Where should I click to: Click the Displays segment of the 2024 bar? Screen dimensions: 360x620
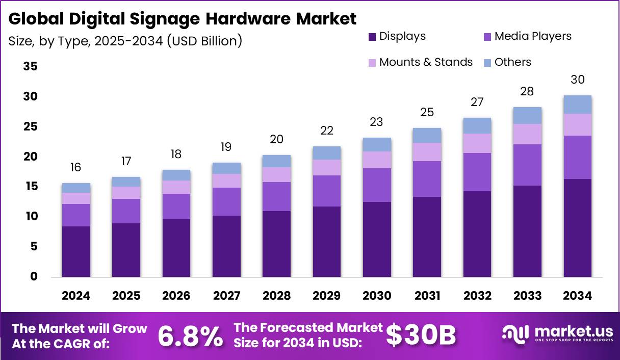[x=76, y=251]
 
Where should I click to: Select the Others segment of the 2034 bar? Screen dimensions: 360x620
[x=578, y=105]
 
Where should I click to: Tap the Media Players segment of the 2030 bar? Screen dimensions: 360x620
[x=377, y=185]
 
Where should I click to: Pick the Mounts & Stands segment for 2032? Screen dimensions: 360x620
[x=477, y=143]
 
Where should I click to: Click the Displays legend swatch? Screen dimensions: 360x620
[x=372, y=37]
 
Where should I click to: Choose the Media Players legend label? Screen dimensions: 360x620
[x=533, y=36]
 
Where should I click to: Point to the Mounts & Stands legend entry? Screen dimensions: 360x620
[x=420, y=62]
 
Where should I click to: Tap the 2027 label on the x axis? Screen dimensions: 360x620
[x=226, y=296]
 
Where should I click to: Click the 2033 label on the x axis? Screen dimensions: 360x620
[x=527, y=296]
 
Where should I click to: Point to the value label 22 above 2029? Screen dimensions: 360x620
[x=327, y=131]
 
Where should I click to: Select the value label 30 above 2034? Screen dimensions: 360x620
[x=578, y=80]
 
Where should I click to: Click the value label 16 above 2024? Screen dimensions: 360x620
[x=76, y=167]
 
